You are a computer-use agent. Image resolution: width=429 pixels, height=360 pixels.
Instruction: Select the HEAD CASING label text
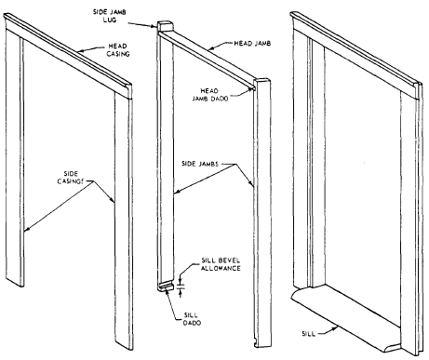[x=117, y=50]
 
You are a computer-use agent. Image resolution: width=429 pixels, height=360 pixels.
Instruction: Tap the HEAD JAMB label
[x=252, y=44]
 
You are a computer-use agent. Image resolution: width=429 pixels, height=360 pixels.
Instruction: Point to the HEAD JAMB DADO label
[x=210, y=95]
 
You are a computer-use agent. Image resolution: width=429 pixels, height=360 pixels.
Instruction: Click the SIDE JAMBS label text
[x=200, y=164]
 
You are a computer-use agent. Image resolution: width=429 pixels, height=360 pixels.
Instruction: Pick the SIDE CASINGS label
[x=71, y=178]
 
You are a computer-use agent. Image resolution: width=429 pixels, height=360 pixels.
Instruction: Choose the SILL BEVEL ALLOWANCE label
[x=221, y=264]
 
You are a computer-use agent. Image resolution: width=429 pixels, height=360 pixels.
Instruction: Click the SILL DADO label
[x=192, y=319]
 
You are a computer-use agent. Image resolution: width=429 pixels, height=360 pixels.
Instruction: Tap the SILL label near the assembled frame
[x=309, y=334]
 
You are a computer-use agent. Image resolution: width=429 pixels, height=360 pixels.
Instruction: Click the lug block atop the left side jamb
[x=166, y=26]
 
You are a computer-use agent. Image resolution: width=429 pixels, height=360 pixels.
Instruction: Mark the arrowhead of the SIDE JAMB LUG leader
[x=154, y=27]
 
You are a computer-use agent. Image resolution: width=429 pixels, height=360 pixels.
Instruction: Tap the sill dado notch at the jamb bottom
[x=167, y=286]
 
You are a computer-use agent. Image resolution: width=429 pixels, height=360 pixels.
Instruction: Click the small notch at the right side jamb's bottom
[x=256, y=342]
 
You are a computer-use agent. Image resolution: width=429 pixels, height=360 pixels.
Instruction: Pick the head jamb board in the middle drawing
[x=207, y=59]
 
